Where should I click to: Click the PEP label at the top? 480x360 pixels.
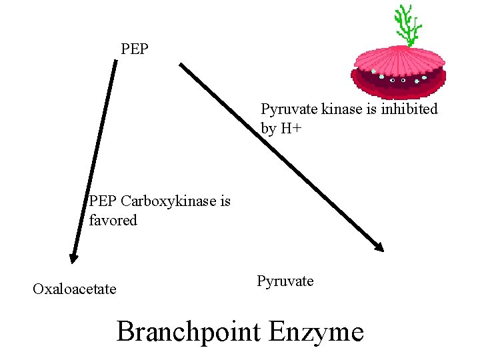click(135, 49)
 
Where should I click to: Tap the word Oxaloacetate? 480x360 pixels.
click(74, 289)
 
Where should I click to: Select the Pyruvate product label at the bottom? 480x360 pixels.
click(285, 281)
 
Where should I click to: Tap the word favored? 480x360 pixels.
click(113, 220)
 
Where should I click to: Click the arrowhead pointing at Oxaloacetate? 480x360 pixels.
click(74, 257)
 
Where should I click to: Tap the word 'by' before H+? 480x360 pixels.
click(268, 129)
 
